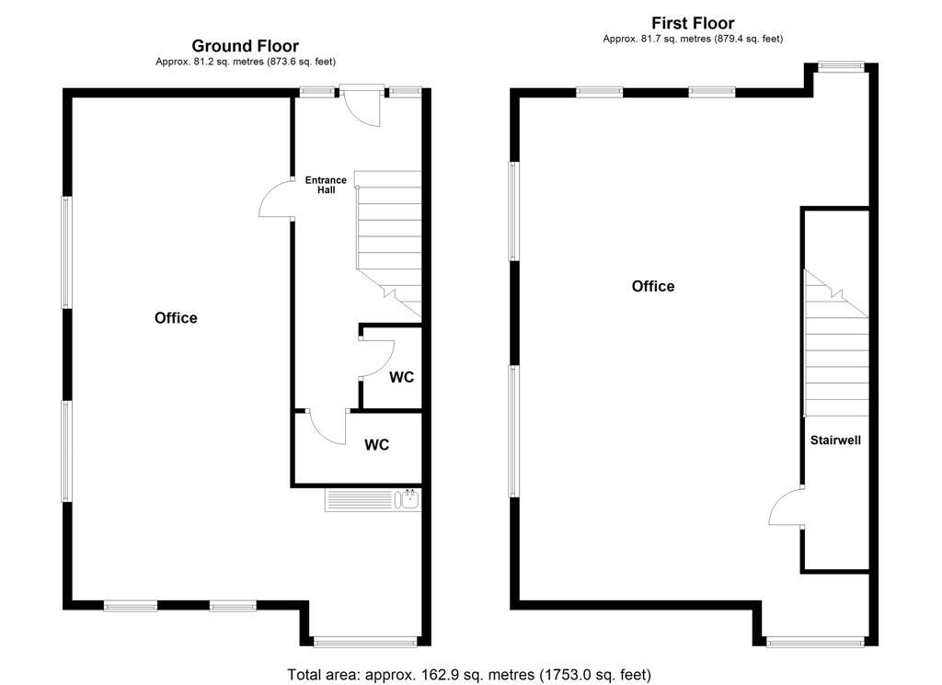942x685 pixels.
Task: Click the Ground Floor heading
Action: click(245, 46)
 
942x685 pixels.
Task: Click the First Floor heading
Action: click(693, 23)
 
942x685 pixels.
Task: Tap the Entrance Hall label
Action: click(326, 185)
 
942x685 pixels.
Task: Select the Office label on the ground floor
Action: click(176, 318)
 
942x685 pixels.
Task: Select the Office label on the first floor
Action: click(653, 287)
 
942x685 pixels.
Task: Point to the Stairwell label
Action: click(835, 440)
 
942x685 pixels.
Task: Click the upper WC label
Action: click(401, 378)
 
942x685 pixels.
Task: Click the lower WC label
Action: click(376, 445)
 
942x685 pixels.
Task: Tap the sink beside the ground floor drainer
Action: click(408, 500)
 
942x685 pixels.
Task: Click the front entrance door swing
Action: click(360, 108)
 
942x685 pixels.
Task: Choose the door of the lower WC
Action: click(327, 427)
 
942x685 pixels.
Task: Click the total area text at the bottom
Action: click(469, 675)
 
